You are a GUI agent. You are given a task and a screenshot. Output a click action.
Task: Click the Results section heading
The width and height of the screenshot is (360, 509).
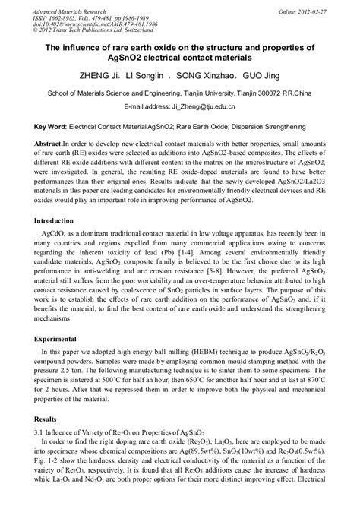(x=37, y=419)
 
